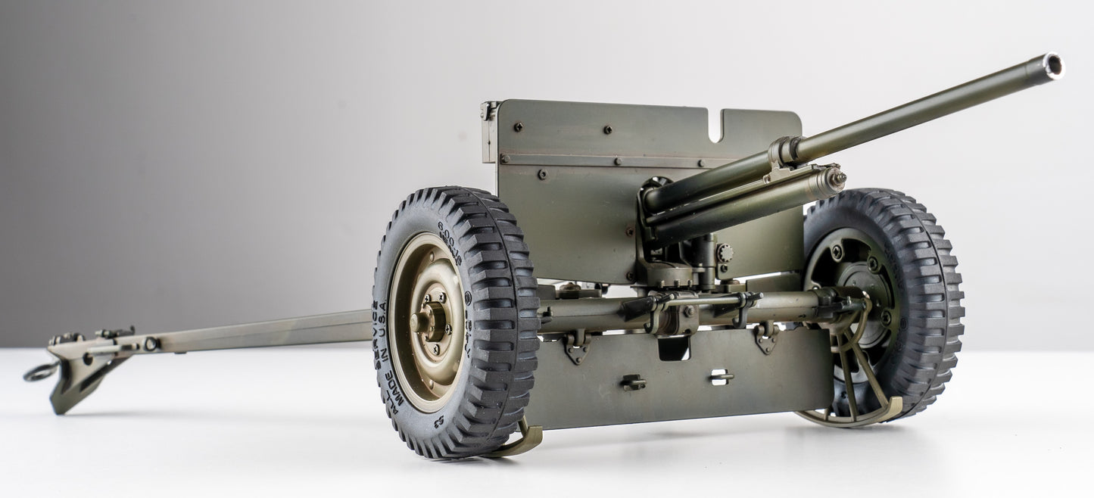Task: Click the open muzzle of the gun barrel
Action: [x=1052, y=65]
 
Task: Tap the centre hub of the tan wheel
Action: [x=429, y=321]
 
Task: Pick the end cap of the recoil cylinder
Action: [x=834, y=179]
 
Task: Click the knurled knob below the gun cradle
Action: [x=725, y=253]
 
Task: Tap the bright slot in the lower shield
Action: [x=722, y=375]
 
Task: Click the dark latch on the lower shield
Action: [x=633, y=382]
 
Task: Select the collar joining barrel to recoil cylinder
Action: [x=784, y=152]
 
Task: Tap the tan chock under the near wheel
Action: [x=522, y=443]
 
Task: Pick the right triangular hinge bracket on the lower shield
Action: [x=766, y=338]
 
